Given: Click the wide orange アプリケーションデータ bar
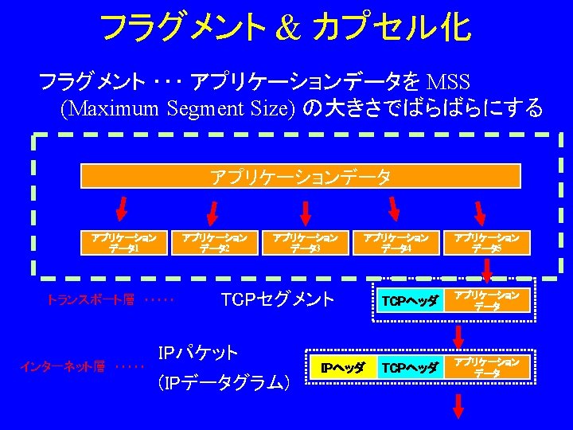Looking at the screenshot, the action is pos(301,176).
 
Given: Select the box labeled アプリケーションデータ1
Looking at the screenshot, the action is pos(123,242).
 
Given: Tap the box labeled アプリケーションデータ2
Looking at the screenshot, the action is pos(214,242).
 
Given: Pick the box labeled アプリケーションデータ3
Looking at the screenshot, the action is pos(305,242).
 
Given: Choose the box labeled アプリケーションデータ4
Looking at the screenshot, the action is pos(396,242).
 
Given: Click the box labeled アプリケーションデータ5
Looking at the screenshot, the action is pos(486,242).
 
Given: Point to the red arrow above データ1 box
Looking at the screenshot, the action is pos(122,209).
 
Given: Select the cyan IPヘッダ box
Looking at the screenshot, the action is pos(342,368).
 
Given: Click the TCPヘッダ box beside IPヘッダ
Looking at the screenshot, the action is pos(410,368).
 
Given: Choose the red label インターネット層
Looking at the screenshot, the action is pos(64,367).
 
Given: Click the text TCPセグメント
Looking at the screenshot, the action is pos(278,300).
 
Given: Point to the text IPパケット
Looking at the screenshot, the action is pos(198,352).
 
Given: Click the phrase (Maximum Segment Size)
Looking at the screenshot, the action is pos(177,107).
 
